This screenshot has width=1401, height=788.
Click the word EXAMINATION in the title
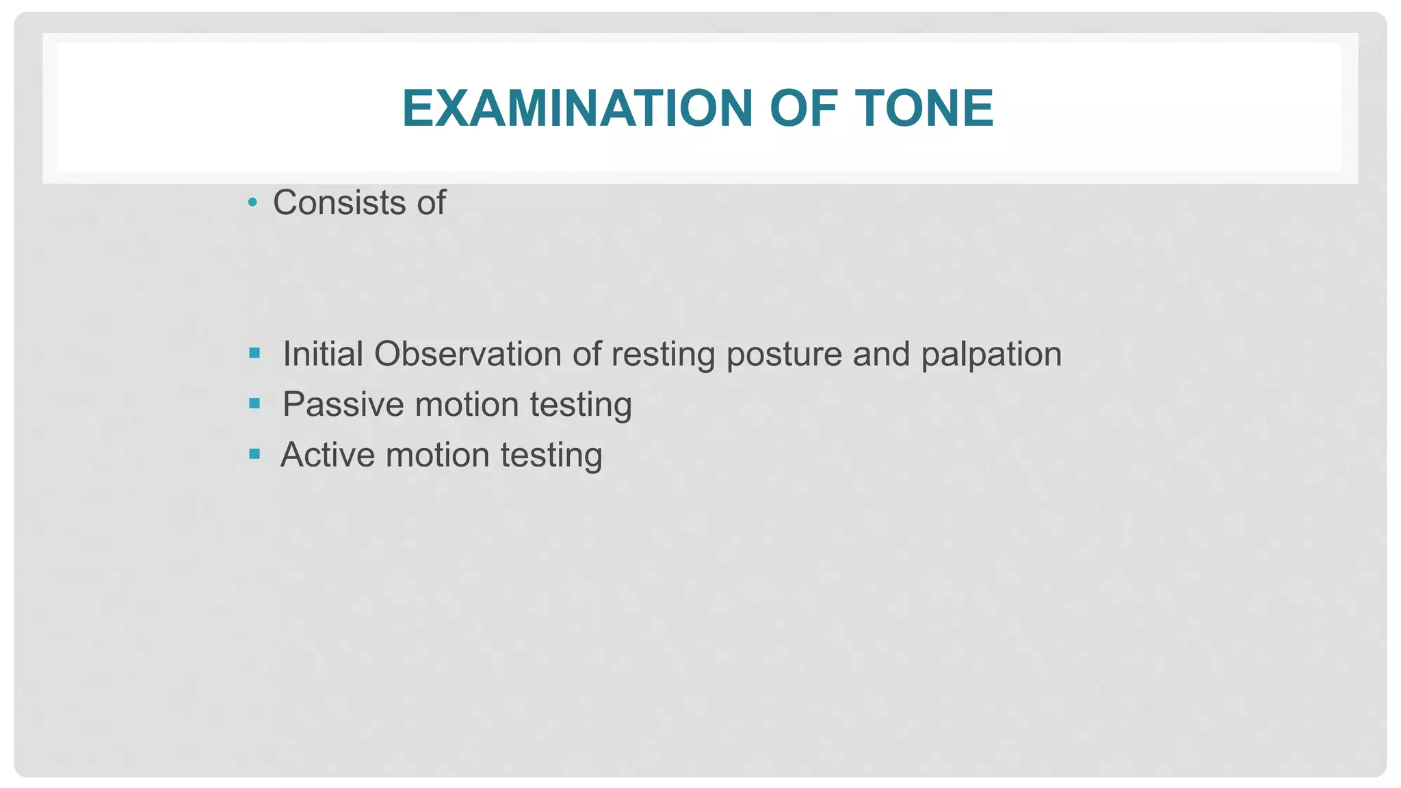[x=577, y=109]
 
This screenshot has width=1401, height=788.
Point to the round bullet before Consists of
[x=252, y=202]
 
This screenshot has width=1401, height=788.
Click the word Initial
[x=322, y=354]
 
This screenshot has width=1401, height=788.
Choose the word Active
[x=327, y=455]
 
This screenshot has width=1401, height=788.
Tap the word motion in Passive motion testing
[x=467, y=404]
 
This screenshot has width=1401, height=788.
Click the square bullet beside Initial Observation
[x=254, y=353]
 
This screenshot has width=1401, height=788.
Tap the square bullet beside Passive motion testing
[x=254, y=404]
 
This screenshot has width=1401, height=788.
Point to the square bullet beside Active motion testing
[x=254, y=454]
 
